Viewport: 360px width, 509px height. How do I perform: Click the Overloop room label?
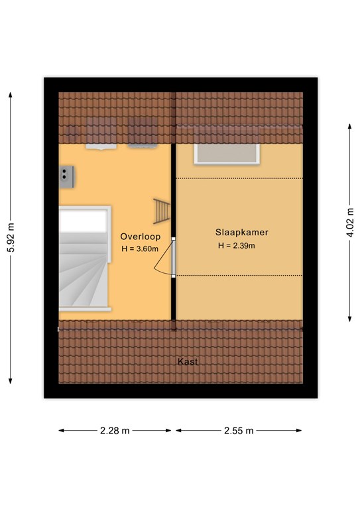(141, 237)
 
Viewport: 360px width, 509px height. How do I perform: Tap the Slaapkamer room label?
(242, 233)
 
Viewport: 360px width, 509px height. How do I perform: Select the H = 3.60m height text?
(140, 249)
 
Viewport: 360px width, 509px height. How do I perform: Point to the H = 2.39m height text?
(236, 246)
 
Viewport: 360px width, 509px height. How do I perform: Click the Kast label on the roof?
(188, 361)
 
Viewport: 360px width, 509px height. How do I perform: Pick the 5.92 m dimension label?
(11, 238)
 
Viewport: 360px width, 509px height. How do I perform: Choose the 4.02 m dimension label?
(351, 223)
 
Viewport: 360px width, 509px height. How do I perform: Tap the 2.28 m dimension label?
(115, 431)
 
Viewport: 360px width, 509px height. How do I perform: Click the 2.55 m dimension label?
(239, 431)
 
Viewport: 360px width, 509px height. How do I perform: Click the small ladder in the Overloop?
(161, 211)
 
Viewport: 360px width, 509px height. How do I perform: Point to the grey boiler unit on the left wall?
(66, 177)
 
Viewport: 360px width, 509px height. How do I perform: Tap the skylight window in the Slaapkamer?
(227, 154)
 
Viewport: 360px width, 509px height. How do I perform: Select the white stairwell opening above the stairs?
(84, 221)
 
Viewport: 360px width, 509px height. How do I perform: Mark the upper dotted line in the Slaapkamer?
(239, 178)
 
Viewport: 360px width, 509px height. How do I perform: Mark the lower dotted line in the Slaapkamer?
(239, 276)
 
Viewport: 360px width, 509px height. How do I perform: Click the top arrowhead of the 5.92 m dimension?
(11, 95)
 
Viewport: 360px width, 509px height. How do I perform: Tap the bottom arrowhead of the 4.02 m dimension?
(349, 319)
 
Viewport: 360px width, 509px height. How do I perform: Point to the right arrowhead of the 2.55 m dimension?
(298, 431)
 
